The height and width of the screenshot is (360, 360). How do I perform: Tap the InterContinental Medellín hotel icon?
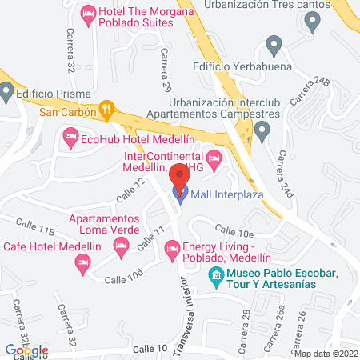coord(213,157)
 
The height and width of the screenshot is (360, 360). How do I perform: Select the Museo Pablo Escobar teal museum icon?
coord(214,278)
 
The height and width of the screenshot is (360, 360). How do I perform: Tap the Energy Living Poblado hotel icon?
coord(171,251)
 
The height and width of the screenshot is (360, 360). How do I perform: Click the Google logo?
coord(26,350)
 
